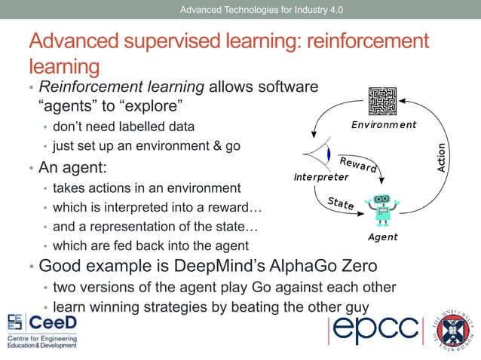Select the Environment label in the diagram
(384, 125)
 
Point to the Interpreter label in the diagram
(321, 178)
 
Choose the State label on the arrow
(341, 203)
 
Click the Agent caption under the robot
(383, 237)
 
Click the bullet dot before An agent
(31, 166)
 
